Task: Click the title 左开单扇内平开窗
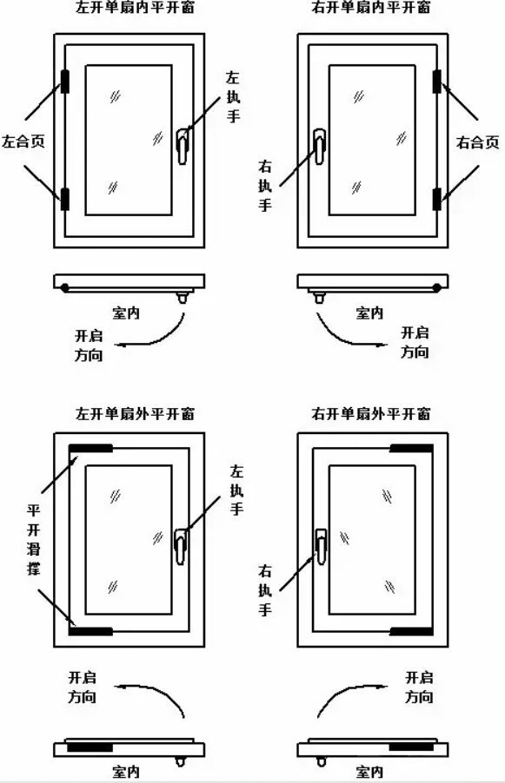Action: pyautogui.click(x=135, y=7)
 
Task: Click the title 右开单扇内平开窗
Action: pyautogui.click(x=370, y=7)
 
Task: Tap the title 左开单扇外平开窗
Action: pyautogui.click(x=135, y=413)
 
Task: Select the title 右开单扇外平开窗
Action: pyautogui.click(x=370, y=413)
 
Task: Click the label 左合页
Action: pyautogui.click(x=23, y=141)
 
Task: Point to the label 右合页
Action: pyautogui.click(x=478, y=142)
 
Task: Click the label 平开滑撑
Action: pyautogui.click(x=34, y=539)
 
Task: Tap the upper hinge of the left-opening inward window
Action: pyautogui.click(x=65, y=82)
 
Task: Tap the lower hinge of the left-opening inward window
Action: pyautogui.click(x=65, y=199)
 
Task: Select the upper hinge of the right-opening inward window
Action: pyautogui.click(x=437, y=82)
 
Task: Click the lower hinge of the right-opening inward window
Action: pyautogui.click(x=437, y=199)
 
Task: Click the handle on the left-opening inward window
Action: pyautogui.click(x=183, y=145)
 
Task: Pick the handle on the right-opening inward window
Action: pyautogui.click(x=320, y=145)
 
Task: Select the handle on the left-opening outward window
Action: pyautogui.click(x=181, y=546)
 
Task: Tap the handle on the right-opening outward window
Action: pyautogui.click(x=321, y=546)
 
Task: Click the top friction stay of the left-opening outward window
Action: pyautogui.click(x=90, y=448)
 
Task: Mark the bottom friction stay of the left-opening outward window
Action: pyautogui.click(x=90, y=631)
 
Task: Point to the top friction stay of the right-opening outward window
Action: pyautogui.click(x=411, y=448)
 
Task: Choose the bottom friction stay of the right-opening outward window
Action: pyautogui.click(x=411, y=631)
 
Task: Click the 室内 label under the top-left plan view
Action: pyautogui.click(x=126, y=313)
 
